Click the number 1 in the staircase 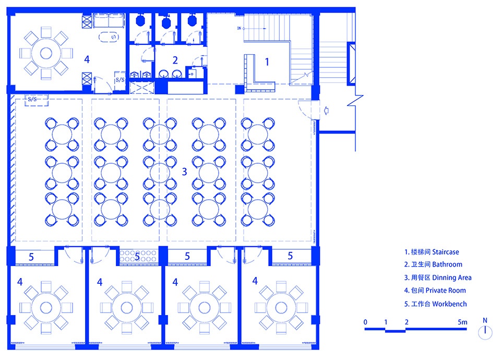(x=267, y=62)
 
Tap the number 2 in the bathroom (x=175, y=60)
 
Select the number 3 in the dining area (x=184, y=172)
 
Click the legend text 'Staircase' (x=445, y=252)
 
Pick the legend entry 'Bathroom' (x=447, y=265)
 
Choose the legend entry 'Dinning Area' (x=452, y=278)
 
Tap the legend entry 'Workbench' (x=449, y=304)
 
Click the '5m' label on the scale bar (x=462, y=322)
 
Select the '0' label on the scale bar (x=365, y=322)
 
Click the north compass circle (x=485, y=332)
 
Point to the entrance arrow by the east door (x=326, y=111)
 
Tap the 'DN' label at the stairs (x=239, y=28)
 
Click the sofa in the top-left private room (x=109, y=20)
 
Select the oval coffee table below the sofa (x=109, y=37)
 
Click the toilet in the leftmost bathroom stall (x=140, y=20)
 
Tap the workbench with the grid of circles (x=138, y=256)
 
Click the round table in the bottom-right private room (x=281, y=308)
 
